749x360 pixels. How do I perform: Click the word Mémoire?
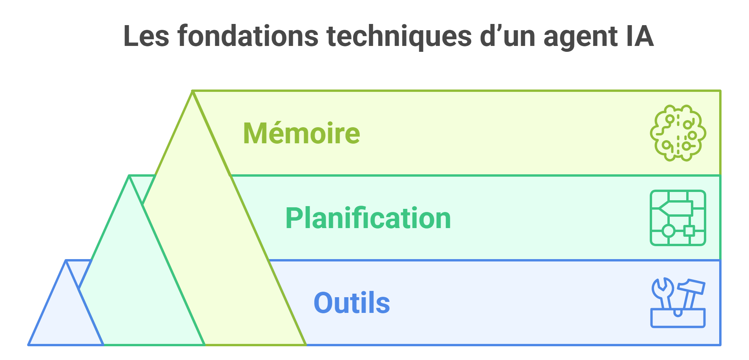point(301,133)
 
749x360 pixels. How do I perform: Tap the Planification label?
point(368,218)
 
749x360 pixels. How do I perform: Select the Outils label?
point(352,303)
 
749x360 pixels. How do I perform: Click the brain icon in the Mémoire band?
point(678,133)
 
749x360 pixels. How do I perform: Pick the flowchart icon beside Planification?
point(678,218)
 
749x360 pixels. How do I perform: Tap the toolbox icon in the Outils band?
point(678,303)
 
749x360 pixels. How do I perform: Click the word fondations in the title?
point(248,36)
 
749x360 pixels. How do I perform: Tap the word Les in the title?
point(146,36)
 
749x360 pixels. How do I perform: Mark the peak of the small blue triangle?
point(66,262)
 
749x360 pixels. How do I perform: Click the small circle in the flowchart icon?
point(669,231)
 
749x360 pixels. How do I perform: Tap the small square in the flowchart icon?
point(689,231)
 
